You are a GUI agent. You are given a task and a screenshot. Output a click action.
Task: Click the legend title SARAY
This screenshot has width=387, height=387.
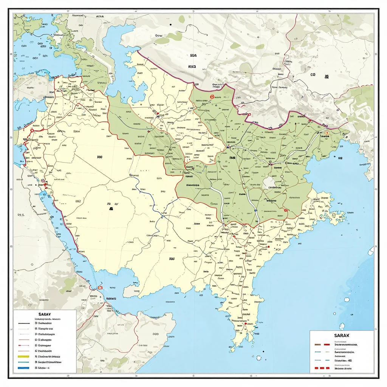pyautogui.click(x=45, y=314)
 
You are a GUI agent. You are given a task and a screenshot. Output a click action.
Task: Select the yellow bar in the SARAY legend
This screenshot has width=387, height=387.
pyautogui.click(x=23, y=356)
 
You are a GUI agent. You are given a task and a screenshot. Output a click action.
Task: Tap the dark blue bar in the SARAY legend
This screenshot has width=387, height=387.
pyautogui.click(x=23, y=367)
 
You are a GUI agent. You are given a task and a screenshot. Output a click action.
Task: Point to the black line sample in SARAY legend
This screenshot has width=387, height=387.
pyautogui.click(x=23, y=324)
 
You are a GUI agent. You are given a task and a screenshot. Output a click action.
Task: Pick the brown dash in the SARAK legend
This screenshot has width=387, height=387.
pyautogui.click(x=317, y=345)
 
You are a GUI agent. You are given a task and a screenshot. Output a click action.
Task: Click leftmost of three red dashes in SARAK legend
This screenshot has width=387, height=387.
pyautogui.click(x=317, y=367)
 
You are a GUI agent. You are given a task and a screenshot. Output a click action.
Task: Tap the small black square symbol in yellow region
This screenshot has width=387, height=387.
pyautogui.click(x=111, y=208)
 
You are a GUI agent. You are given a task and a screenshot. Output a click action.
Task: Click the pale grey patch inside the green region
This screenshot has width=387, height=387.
pyautogui.click(x=270, y=182)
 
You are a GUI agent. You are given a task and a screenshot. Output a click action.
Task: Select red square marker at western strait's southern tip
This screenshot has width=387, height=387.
pyautogui.click(x=101, y=287)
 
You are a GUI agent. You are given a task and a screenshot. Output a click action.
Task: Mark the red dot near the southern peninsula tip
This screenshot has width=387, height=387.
pyautogui.click(x=246, y=324)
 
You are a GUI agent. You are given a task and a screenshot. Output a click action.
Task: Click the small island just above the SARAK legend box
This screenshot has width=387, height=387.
pyautogui.click(x=342, y=326)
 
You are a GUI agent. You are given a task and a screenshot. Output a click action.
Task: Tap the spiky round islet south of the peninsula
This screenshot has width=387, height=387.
pyautogui.click(x=259, y=358)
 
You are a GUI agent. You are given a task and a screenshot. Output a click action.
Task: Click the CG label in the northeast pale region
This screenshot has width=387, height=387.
pyautogui.click(x=313, y=75)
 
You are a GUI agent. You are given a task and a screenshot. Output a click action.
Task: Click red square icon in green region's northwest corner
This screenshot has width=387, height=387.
pyautogui.click(x=212, y=97)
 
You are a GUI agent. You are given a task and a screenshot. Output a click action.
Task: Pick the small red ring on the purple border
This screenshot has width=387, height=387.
pyautogui.click(x=248, y=115)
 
